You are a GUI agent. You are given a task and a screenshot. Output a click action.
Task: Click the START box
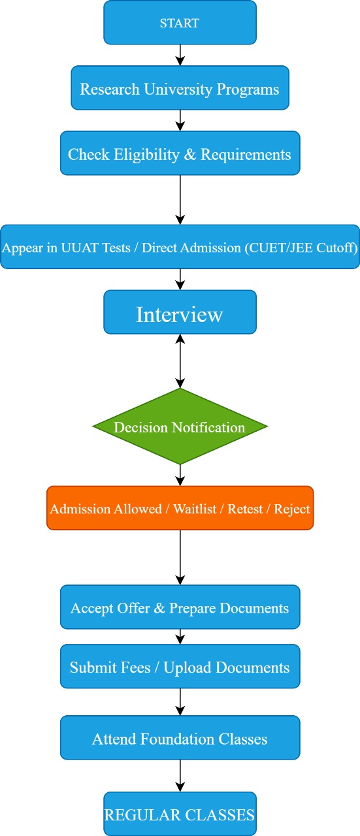coord(180,22)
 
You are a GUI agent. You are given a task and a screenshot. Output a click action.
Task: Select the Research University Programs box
coord(180,88)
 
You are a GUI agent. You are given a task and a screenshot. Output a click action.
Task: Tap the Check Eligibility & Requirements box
coord(180,153)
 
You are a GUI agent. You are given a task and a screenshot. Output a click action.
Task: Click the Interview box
coord(180,312)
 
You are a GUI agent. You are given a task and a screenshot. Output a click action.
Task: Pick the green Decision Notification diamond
coord(180,426)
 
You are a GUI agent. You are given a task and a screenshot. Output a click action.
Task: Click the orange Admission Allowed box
coord(180,507)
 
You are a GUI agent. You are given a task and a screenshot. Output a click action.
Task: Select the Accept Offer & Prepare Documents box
coord(180,607)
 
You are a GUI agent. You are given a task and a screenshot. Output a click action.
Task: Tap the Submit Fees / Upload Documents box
coord(180,666)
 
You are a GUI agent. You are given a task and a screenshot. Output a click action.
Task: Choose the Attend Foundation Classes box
coord(180,737)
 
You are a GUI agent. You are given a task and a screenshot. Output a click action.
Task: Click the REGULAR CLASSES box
coord(180,814)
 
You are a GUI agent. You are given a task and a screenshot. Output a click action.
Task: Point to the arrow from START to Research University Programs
coord(180,56)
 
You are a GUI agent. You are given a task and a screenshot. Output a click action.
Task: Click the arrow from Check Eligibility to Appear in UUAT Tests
coord(180,200)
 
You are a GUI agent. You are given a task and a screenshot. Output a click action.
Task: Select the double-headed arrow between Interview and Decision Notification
coord(180,361)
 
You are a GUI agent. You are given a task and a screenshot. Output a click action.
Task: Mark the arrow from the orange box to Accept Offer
coord(180,557)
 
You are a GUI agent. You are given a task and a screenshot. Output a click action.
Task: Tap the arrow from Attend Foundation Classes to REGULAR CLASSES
coord(180,775)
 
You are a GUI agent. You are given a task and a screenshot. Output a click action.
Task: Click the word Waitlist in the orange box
coord(195,509)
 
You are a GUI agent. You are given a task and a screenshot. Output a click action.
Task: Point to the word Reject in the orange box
coord(292,509)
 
